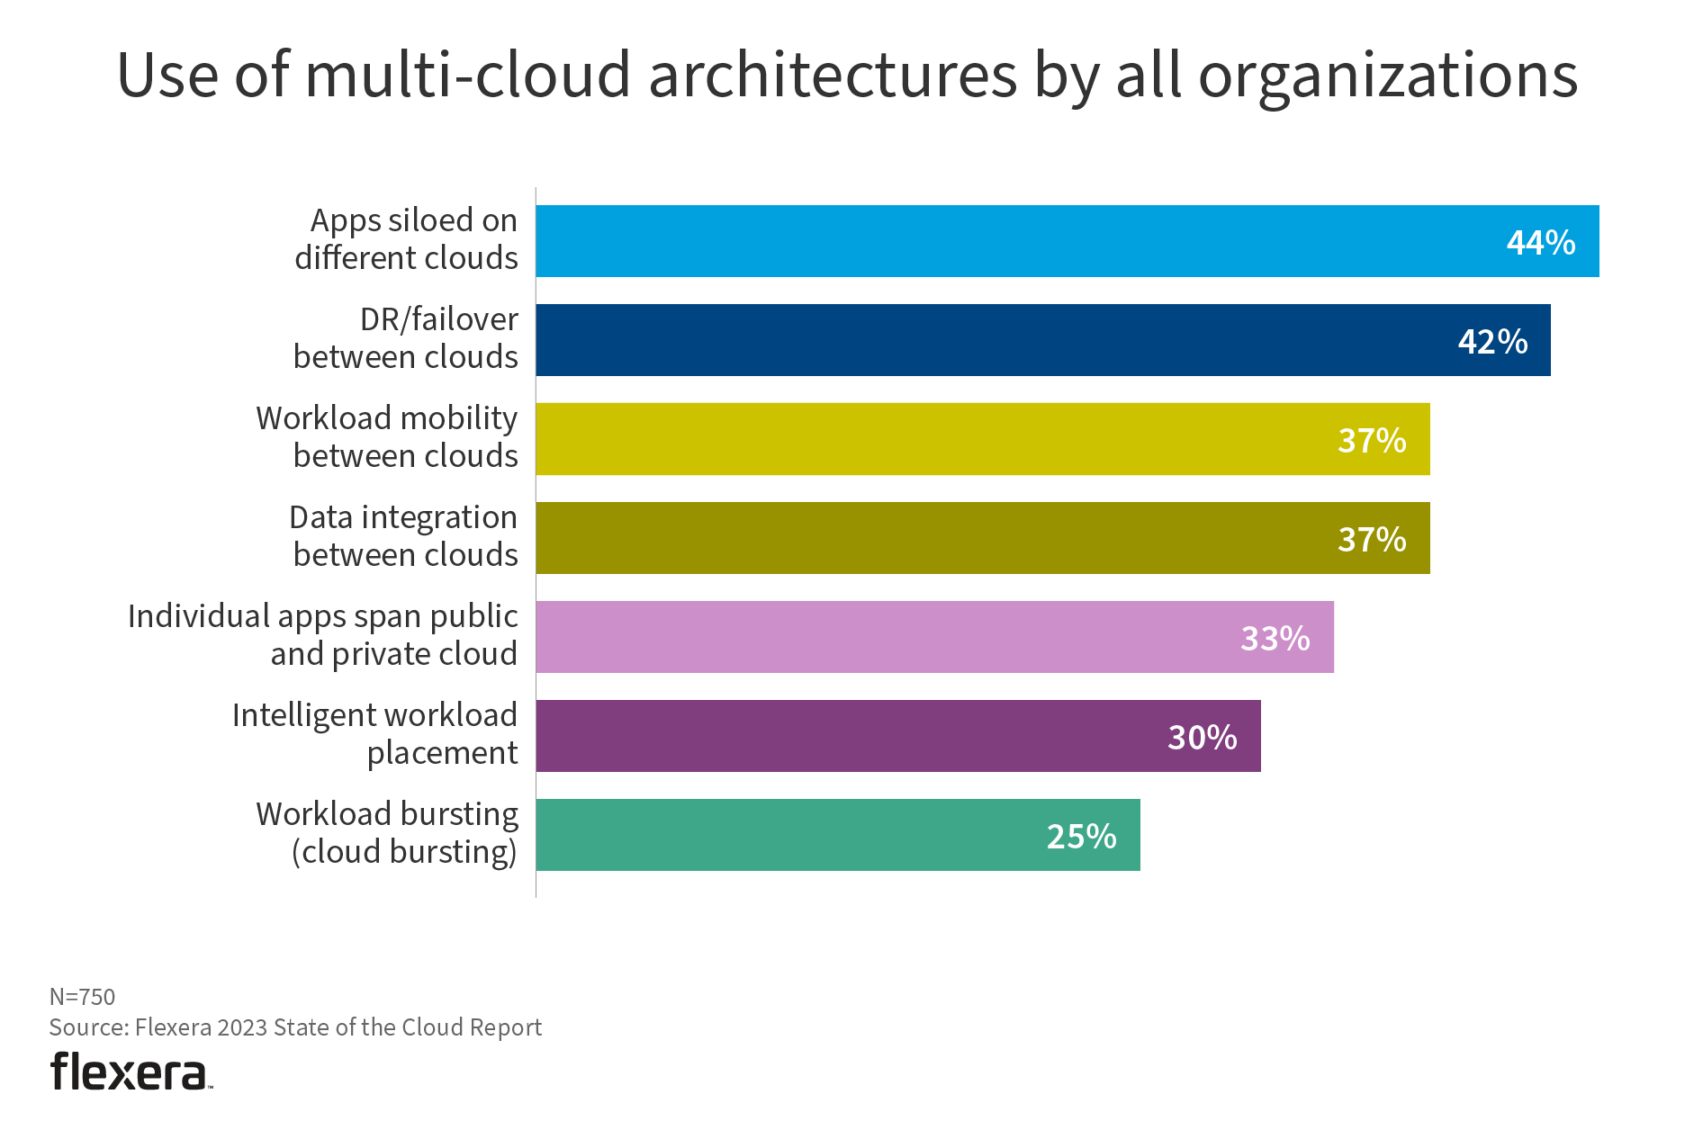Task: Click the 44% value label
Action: [1540, 243]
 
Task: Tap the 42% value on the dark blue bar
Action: [1491, 342]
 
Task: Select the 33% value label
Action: [1275, 639]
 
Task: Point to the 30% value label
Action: [1202, 738]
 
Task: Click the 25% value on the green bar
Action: [1080, 837]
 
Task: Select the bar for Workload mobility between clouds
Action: [981, 439]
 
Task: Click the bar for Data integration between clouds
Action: [981, 538]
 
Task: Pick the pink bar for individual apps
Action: [934, 637]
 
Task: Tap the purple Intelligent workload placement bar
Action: [897, 736]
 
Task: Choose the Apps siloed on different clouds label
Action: [406, 239]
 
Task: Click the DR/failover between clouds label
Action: [406, 338]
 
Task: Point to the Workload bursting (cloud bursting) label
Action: [388, 833]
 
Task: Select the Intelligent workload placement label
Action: [375, 734]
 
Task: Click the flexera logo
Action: [130, 1072]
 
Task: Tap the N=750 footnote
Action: [82, 997]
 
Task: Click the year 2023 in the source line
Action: [242, 1027]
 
